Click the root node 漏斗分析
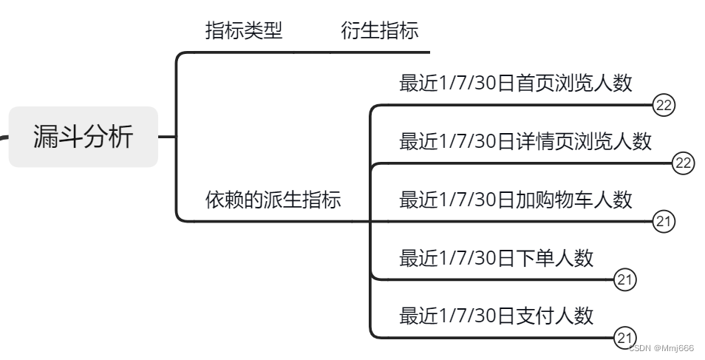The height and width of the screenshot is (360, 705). pyautogui.click(x=83, y=137)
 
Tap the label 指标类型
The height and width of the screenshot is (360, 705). pyautogui.click(x=243, y=31)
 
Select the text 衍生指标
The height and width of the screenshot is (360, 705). pyautogui.click(x=380, y=31)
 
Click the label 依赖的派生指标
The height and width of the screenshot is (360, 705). pyautogui.click(x=273, y=200)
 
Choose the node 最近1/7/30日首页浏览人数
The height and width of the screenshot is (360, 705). pyautogui.click(x=515, y=83)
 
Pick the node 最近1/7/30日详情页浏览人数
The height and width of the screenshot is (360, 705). pyautogui.click(x=525, y=141)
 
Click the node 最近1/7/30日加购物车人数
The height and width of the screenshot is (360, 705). pyautogui.click(x=515, y=200)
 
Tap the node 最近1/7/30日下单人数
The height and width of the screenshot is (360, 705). pyautogui.click(x=496, y=258)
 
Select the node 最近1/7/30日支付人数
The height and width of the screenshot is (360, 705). pyautogui.click(x=496, y=316)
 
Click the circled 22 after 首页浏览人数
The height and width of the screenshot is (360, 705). pyautogui.click(x=664, y=105)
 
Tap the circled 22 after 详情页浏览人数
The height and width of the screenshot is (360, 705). pyautogui.click(x=683, y=163)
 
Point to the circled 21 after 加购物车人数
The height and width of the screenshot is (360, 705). pyautogui.click(x=664, y=221)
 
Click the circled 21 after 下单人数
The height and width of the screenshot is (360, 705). pyautogui.click(x=624, y=279)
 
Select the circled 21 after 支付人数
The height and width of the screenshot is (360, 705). pyautogui.click(x=624, y=338)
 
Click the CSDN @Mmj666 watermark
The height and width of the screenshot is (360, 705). pyautogui.click(x=661, y=347)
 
